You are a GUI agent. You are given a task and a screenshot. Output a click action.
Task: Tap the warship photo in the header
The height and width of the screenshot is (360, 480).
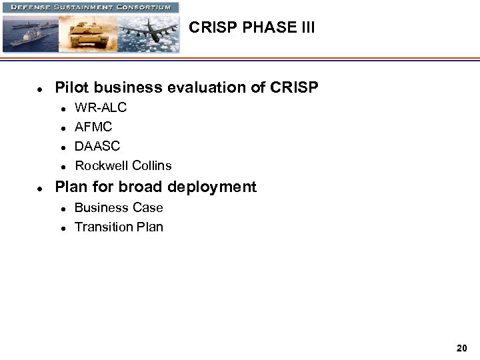coord(29,33)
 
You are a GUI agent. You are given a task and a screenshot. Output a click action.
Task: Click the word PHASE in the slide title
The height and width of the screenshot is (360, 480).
coord(261,27)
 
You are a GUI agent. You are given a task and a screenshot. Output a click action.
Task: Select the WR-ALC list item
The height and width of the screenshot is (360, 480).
coord(101,107)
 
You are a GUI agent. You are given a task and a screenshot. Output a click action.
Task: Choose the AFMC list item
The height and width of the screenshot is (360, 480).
coord(93,127)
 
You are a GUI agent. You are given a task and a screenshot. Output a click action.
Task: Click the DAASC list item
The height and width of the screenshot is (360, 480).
coord(97,146)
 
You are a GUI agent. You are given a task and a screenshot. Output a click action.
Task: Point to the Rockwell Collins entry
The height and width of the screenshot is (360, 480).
coord(123,165)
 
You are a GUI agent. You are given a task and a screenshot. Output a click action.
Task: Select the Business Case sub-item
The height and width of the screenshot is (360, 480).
coord(119,207)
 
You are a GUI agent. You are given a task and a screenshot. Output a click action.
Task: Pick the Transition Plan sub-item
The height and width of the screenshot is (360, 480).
coord(119,227)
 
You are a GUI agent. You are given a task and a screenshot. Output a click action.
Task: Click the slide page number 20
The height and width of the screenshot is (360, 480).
coord(462,348)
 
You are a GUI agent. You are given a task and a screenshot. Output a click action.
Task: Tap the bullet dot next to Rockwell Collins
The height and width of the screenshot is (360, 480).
coord(62,166)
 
